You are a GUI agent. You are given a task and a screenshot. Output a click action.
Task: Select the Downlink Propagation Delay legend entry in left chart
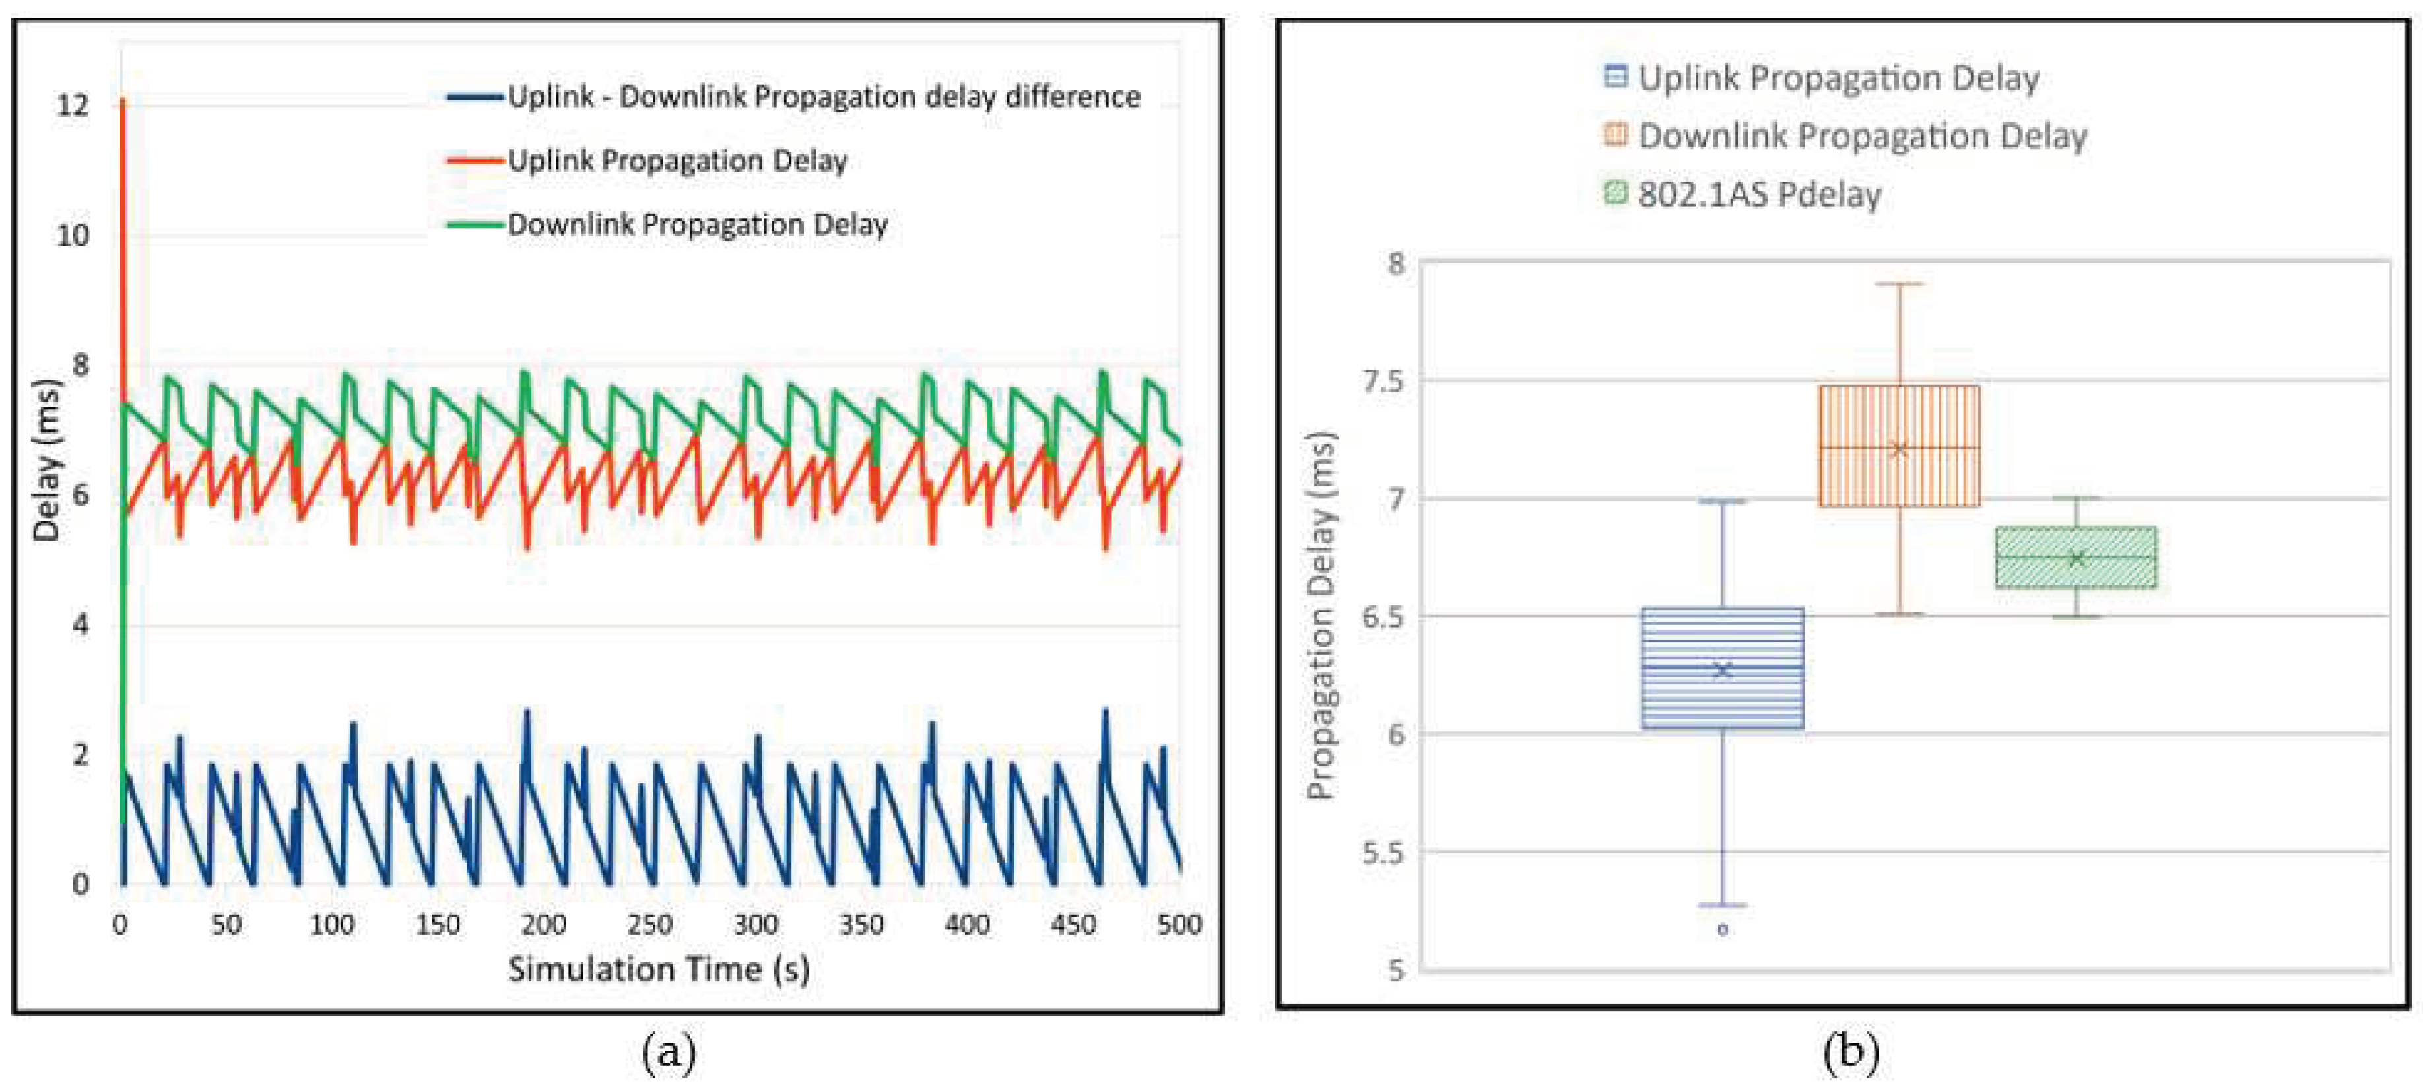point(696,225)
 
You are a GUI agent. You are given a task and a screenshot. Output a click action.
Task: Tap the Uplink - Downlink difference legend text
point(823,97)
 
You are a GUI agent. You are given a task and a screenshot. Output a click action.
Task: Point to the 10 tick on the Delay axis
point(73,235)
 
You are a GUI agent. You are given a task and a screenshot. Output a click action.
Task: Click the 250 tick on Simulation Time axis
point(649,925)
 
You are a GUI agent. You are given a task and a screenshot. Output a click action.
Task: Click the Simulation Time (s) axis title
point(659,969)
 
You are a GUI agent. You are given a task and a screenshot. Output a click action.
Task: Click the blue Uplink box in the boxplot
point(1721,668)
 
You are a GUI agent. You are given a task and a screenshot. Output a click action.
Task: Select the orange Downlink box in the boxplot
point(1899,445)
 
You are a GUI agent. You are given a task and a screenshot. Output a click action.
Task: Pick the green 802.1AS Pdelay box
point(2076,558)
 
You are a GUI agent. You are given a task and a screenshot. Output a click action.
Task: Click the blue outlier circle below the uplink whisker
point(1722,929)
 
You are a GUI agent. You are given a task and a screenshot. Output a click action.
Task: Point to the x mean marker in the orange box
point(1899,449)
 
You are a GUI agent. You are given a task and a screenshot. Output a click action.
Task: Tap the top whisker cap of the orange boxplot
point(1899,283)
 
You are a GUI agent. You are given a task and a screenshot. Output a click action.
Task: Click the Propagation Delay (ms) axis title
point(1321,616)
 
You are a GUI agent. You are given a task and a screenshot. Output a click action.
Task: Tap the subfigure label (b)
point(1849,1051)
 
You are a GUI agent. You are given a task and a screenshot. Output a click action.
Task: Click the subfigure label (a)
point(669,1052)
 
